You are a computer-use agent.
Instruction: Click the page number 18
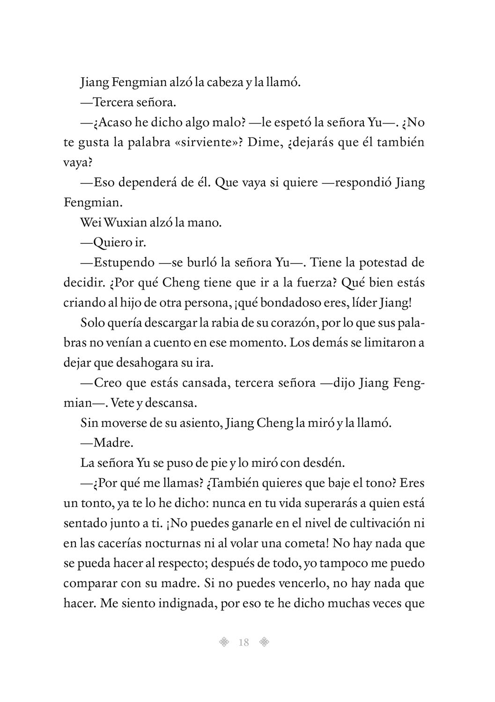tap(244, 642)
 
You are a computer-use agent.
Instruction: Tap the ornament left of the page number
tap(224, 642)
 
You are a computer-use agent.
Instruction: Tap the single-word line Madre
tap(109, 443)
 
